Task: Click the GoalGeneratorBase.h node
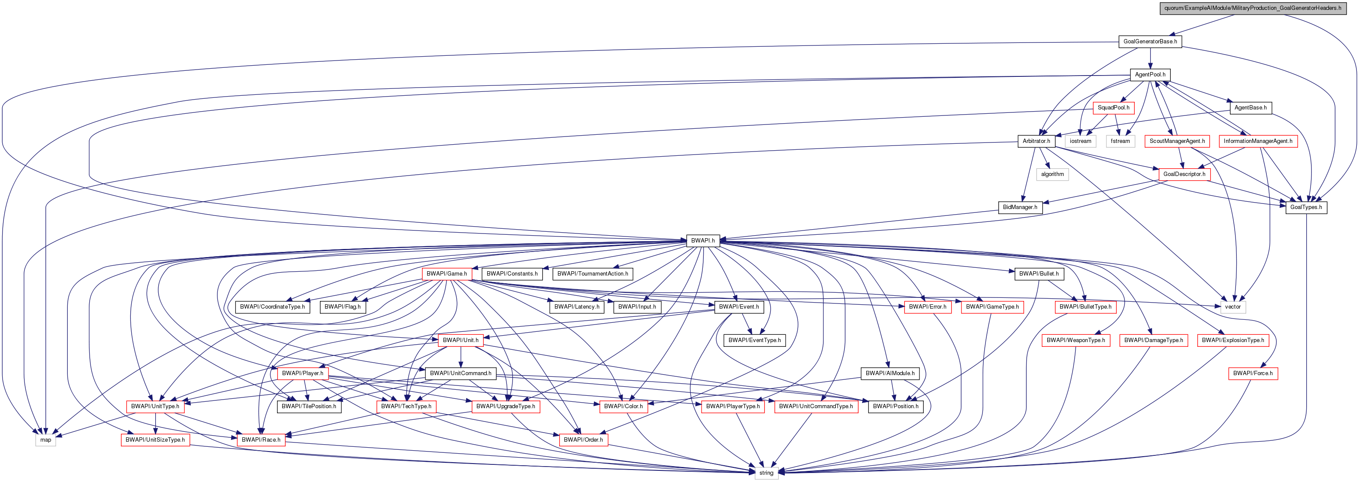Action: (x=1150, y=41)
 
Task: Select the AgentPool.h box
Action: (x=1150, y=74)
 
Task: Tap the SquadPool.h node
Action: (x=1113, y=108)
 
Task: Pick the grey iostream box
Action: (x=1080, y=141)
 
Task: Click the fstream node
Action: (x=1120, y=141)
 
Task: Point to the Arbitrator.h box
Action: (x=1036, y=141)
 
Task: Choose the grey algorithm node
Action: (x=1052, y=174)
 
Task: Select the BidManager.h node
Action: (x=1020, y=207)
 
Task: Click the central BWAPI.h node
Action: (x=703, y=241)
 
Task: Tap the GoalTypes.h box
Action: (x=1306, y=207)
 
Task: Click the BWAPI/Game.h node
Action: (x=446, y=273)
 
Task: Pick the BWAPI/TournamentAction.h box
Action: (x=593, y=273)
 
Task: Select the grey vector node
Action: (x=1232, y=307)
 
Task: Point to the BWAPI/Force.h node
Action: (x=1252, y=373)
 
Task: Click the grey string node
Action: (x=766, y=473)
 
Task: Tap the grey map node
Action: (x=46, y=440)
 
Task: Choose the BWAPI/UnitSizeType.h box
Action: (x=155, y=440)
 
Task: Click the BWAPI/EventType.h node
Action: (x=754, y=340)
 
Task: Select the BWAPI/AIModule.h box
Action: (x=890, y=373)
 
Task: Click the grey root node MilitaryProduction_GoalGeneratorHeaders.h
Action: (x=1252, y=8)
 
